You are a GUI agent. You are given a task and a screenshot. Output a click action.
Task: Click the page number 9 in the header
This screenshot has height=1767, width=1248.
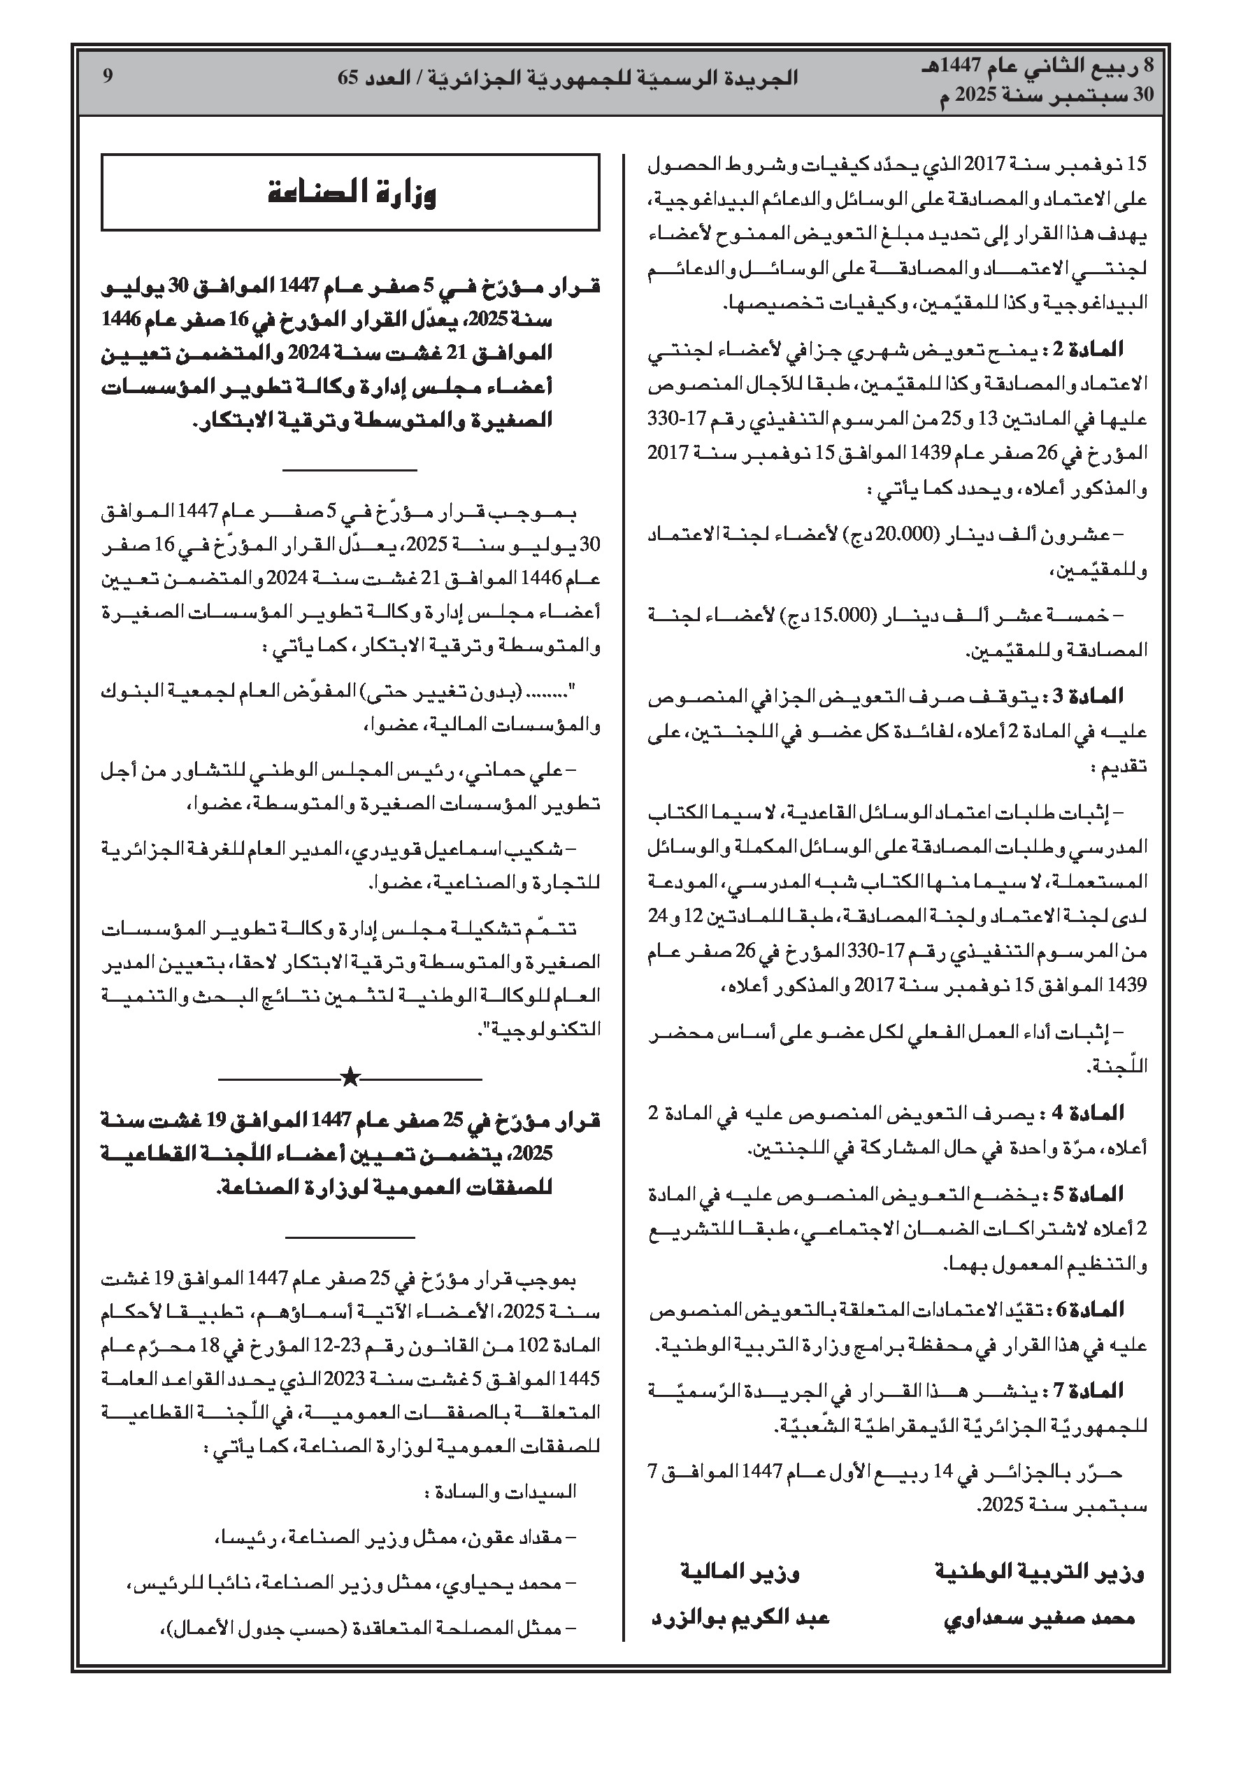point(108,76)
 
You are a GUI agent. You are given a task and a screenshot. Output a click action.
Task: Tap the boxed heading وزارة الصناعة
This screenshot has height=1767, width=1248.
point(351,192)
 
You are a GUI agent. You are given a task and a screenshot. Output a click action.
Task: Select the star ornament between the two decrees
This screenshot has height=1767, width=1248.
point(350,1077)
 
